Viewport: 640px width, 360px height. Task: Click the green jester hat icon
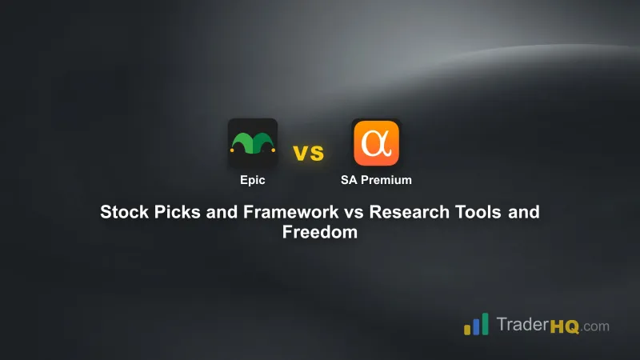(252, 142)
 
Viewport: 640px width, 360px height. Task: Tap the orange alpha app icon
(376, 142)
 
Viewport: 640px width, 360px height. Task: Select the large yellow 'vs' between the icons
(308, 153)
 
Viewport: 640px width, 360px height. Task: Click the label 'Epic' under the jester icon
(252, 180)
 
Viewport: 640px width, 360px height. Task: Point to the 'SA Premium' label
(376, 180)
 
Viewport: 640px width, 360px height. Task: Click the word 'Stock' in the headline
(121, 213)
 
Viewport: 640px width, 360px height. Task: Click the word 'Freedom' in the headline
(319, 234)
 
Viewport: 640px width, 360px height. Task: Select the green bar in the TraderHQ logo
(486, 322)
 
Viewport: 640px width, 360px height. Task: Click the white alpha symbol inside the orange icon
(375, 142)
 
